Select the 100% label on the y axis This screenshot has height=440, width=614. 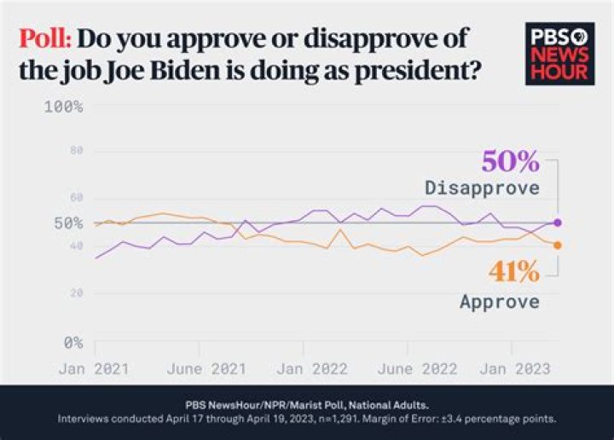62,107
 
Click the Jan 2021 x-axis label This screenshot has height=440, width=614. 95,369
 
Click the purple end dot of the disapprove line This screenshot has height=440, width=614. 558,223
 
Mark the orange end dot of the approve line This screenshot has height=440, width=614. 558,246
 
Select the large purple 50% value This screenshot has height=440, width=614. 510,161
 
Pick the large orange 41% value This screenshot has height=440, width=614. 513,272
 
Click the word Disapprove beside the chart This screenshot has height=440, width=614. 482,188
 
